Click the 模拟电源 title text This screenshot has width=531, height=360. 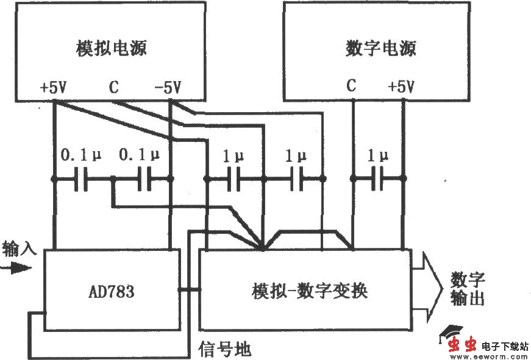point(112,48)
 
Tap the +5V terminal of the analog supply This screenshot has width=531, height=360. point(53,88)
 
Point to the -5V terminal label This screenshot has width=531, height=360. point(168,88)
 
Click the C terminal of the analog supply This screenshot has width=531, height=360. point(113,88)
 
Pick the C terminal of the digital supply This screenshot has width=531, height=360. point(351,86)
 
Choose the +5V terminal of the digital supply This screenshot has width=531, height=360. point(401,86)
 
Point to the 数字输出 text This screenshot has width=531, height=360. point(468,289)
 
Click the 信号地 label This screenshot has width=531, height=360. point(225,349)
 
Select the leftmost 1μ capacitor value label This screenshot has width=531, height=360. point(233,157)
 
